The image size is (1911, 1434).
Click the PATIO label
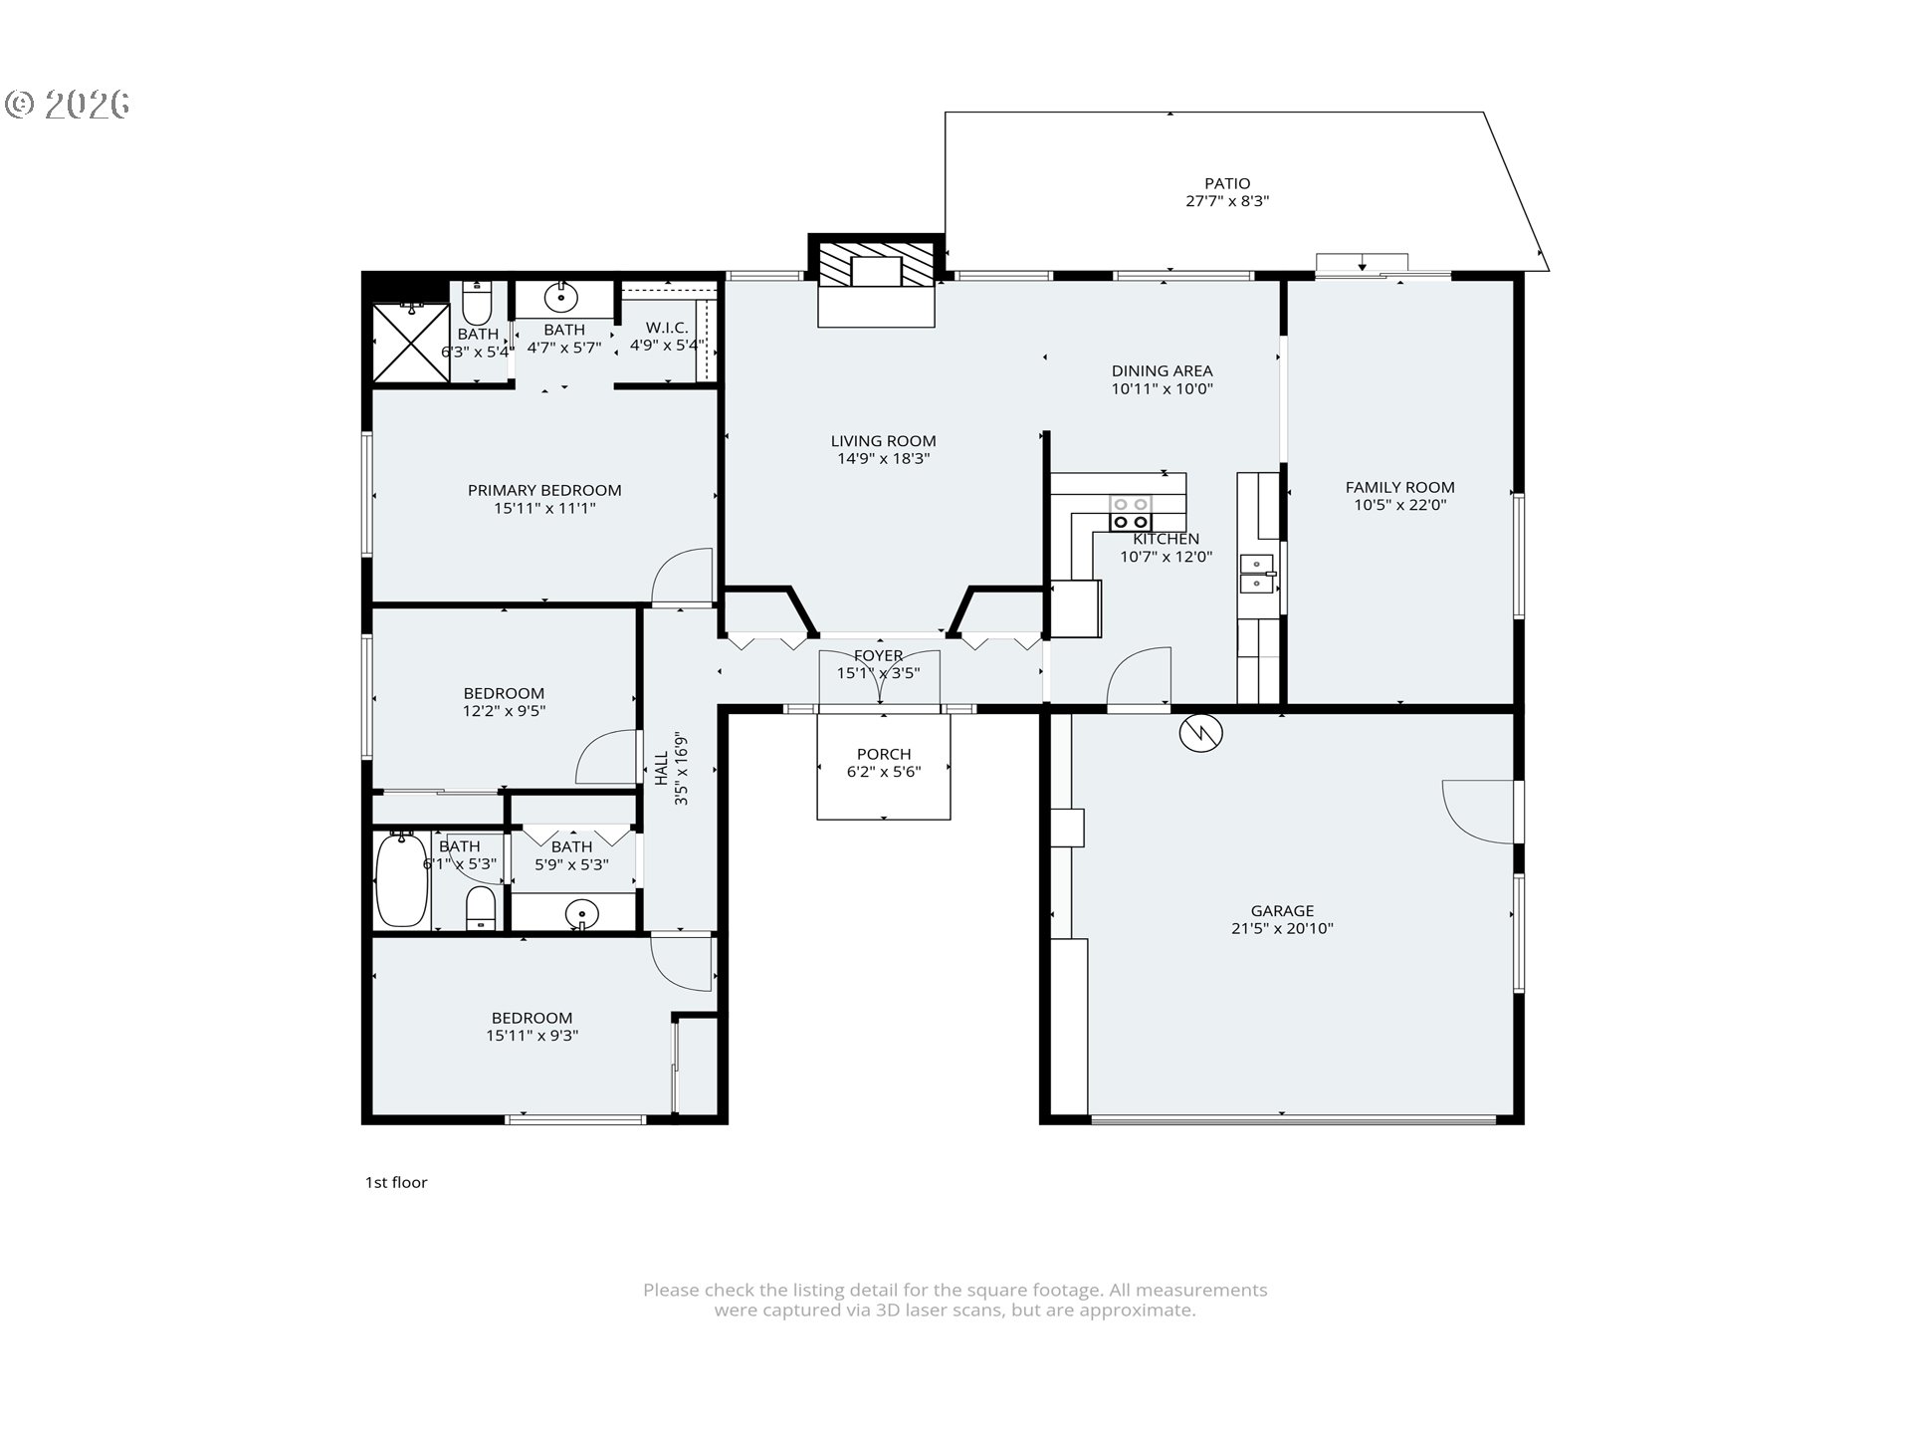coord(1226,183)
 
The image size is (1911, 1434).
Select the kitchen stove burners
coord(1131,513)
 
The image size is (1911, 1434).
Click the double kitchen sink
coord(1257,575)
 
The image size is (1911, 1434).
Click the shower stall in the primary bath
coord(410,343)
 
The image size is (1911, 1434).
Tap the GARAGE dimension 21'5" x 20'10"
coord(1282,928)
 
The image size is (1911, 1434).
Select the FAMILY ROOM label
coord(1399,487)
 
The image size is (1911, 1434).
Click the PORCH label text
coord(883,754)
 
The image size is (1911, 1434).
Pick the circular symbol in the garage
coord(1200,733)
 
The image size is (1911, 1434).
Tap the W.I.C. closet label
coord(666,328)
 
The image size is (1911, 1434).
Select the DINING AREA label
coord(1162,371)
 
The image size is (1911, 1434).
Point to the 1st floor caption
coord(395,1182)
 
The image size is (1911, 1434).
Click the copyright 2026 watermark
coord(68,104)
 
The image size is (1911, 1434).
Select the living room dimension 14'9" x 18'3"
coord(883,459)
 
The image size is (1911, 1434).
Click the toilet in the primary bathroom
coord(478,302)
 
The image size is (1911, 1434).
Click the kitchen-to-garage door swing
coord(1141,677)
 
